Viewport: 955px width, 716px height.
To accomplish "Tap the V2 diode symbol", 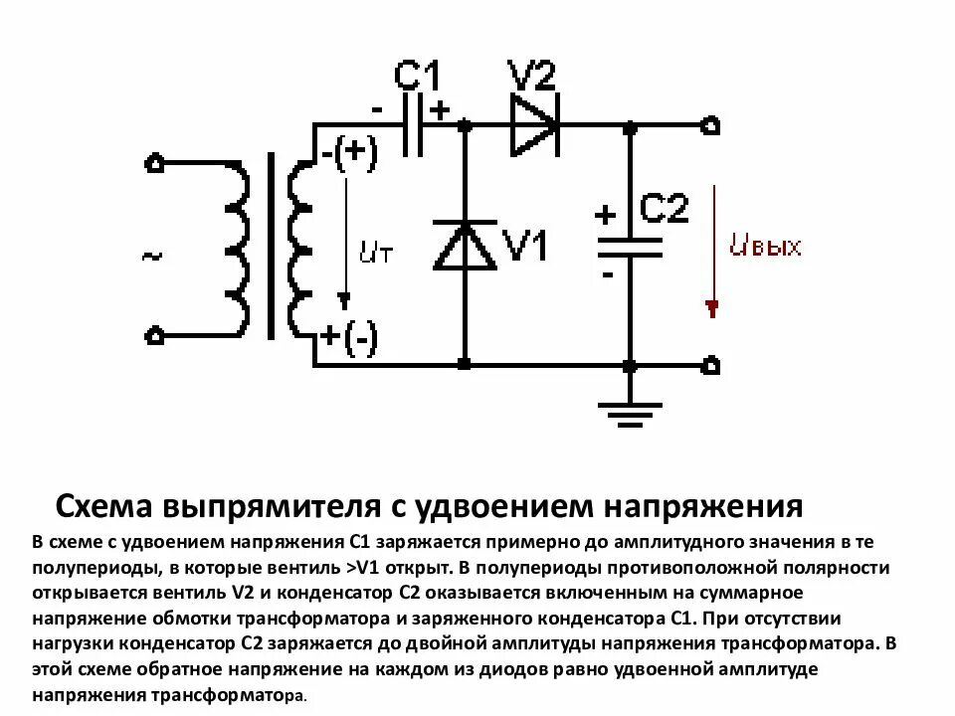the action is point(534,126).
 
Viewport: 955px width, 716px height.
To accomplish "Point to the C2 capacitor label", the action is point(663,209).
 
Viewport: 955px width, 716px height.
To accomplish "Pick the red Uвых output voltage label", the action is point(764,247).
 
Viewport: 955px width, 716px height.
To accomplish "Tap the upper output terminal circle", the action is point(710,126).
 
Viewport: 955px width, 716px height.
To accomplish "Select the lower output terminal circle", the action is point(710,365).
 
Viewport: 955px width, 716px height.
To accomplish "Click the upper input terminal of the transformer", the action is point(154,163).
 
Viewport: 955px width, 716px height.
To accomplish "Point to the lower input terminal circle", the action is point(154,336).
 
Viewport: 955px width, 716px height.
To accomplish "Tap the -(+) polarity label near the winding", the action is point(348,155).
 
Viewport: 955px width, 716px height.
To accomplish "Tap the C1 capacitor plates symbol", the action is point(414,126).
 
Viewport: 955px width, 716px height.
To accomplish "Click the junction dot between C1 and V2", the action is point(464,126).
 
